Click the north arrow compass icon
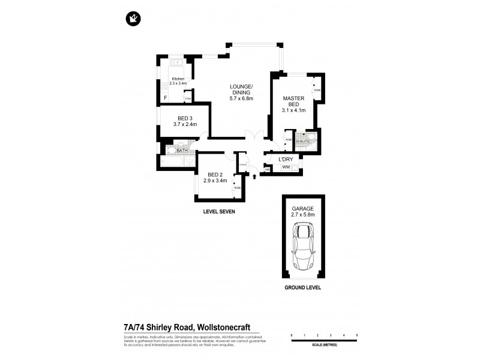click(133, 19)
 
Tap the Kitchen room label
click(178, 79)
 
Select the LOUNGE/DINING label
click(239, 89)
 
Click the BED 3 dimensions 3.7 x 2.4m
click(185, 124)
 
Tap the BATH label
click(173, 151)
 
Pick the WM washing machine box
click(286, 167)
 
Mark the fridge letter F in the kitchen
click(166, 98)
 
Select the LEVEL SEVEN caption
click(219, 212)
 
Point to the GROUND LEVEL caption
click(303, 287)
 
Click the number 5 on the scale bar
click(357, 334)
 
